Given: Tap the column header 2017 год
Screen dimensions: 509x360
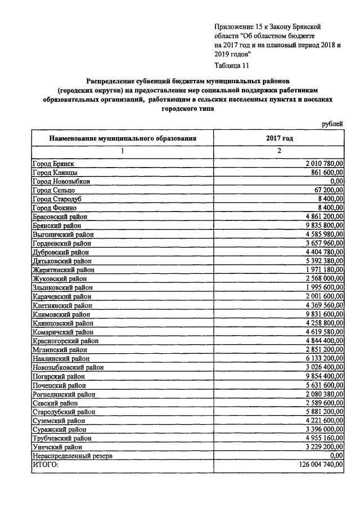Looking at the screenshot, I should pyautogui.click(x=279, y=137).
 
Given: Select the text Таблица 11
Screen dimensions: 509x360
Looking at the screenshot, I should pyautogui.click(x=233, y=65).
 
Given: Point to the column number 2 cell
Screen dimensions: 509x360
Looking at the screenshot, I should pyautogui.click(x=279, y=150).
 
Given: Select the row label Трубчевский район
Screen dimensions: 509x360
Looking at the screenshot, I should pyautogui.click(x=62, y=438).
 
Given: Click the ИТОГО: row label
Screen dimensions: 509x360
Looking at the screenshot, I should pyautogui.click(x=46, y=465).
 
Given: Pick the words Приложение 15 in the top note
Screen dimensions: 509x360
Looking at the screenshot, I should pyautogui.click(x=238, y=26).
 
